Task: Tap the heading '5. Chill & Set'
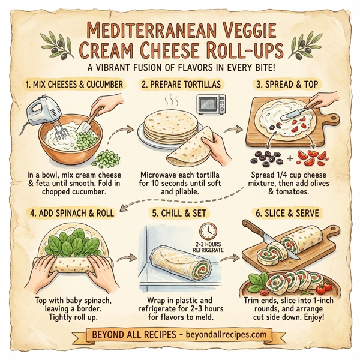click(180, 212)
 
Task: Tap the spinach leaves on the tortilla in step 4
click(69, 246)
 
